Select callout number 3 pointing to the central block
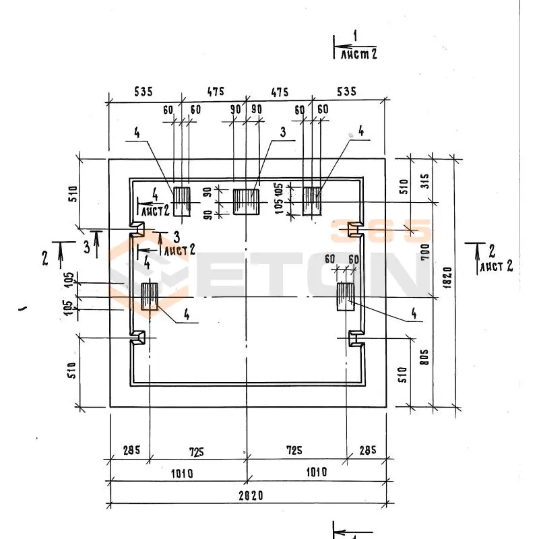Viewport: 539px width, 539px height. (283, 133)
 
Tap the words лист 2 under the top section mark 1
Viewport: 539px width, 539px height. (358, 54)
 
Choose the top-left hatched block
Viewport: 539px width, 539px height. (181, 201)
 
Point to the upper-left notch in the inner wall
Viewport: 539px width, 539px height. (137, 230)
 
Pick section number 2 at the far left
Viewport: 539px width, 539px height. (45, 257)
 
